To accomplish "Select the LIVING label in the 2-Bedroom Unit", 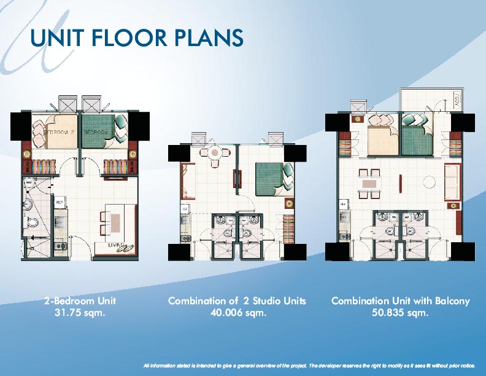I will [x=117, y=245].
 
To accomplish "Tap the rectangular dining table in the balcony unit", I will [x=369, y=182].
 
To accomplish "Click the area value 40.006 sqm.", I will [x=237, y=313].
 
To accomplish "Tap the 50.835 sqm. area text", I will [x=400, y=313].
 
